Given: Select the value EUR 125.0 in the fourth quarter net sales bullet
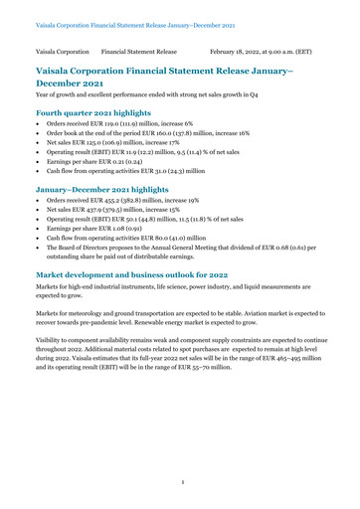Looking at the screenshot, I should [97, 155].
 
